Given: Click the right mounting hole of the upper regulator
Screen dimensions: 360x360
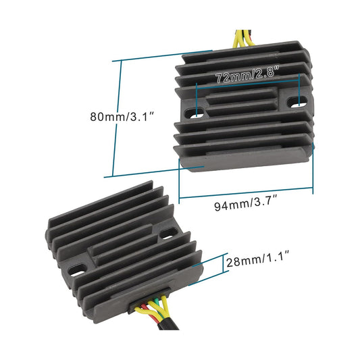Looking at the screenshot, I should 296,103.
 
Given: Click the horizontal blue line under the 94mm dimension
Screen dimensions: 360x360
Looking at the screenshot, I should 246,196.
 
